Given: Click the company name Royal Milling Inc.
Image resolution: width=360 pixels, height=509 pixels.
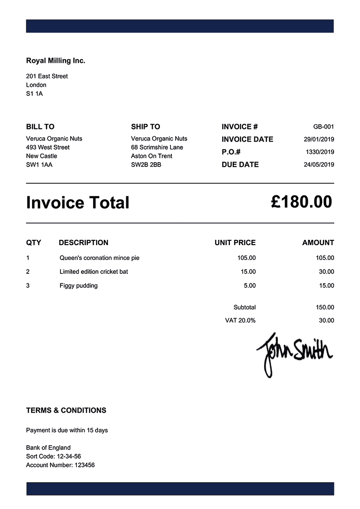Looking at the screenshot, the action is coord(56,61).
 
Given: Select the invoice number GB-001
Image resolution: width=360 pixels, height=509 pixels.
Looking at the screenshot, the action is coord(324,127).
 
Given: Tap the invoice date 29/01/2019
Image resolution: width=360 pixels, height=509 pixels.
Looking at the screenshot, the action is coord(319,140).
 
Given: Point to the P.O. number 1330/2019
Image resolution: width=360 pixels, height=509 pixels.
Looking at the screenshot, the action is coord(320,152).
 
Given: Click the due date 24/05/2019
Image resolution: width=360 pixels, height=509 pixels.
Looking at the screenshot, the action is coord(319,165).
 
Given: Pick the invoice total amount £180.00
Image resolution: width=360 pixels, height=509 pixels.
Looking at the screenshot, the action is coord(301,202).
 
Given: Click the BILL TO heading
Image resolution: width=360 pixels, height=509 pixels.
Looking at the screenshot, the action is coord(40,127).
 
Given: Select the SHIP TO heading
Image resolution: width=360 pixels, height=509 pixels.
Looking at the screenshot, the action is coord(145,127).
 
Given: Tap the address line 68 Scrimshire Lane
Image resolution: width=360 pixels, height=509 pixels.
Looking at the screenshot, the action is coord(157,147).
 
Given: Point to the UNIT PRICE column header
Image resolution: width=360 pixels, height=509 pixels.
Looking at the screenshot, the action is coord(235,243).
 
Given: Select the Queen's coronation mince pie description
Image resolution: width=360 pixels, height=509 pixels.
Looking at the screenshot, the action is coord(99,258).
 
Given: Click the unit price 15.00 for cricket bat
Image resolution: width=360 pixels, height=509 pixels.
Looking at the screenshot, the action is coord(248,272).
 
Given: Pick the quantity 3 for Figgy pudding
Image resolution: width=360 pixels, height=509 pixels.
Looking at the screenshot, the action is coord(28,286).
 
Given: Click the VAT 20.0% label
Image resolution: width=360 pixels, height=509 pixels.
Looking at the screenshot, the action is coord(240,320).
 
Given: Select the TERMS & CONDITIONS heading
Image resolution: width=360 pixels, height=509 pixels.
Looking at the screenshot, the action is coord(66,411).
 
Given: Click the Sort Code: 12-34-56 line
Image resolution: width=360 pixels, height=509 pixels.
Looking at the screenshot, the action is coord(54,456).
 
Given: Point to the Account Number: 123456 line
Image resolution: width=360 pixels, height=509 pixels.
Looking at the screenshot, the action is coord(60,465).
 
